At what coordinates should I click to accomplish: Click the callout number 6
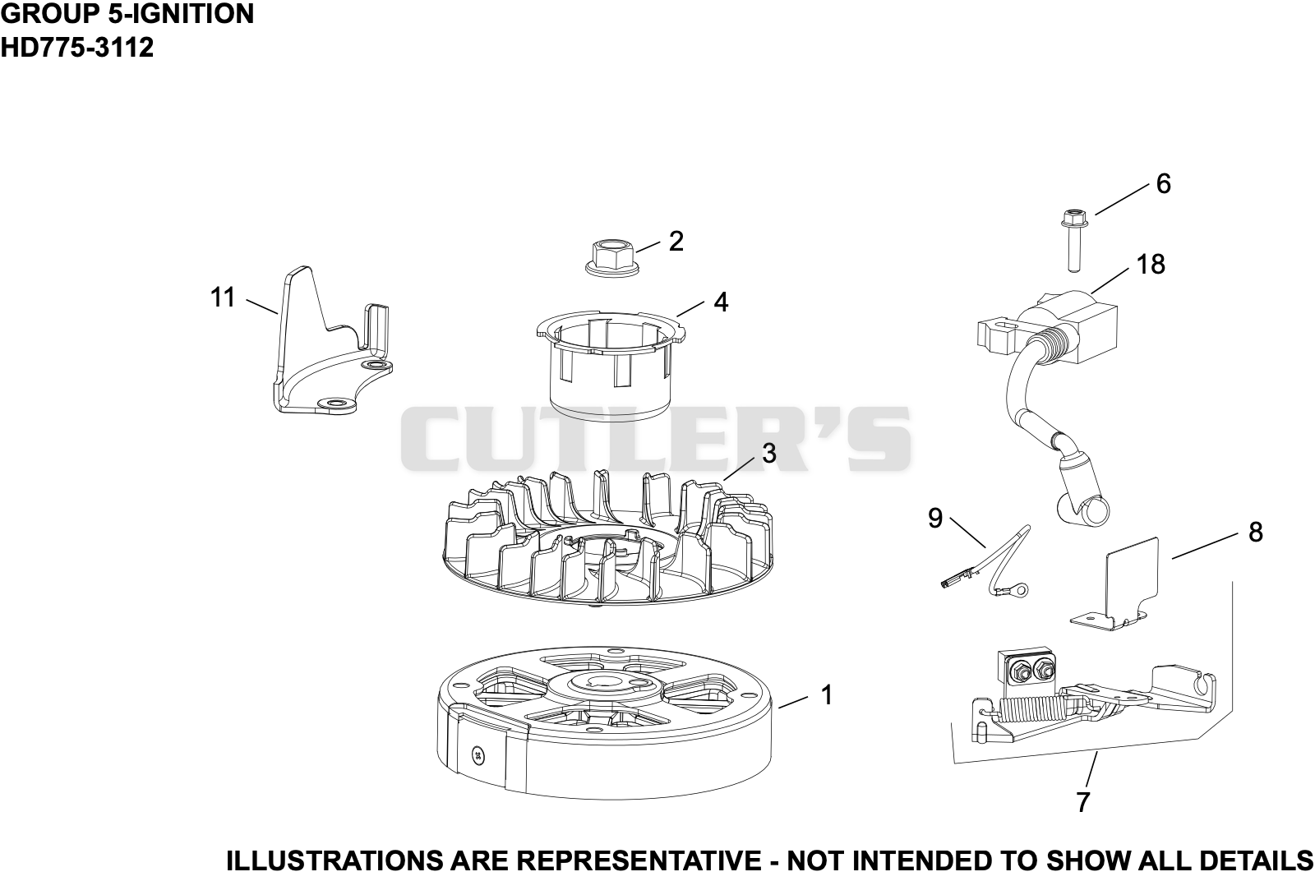pos(1163,184)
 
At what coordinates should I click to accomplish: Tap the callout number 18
pos(1151,264)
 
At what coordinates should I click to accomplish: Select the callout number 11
pos(223,298)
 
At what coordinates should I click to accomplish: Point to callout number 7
pos(1083,801)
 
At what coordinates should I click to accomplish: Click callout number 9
pos(935,519)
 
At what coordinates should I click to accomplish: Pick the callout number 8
pos(1255,533)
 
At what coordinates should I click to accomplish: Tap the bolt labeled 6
pos(1074,241)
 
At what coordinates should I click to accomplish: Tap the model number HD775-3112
pos(77,48)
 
